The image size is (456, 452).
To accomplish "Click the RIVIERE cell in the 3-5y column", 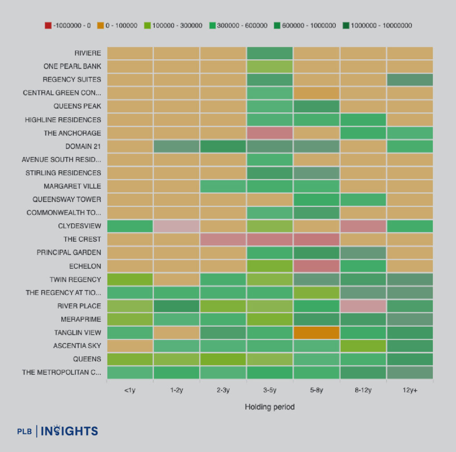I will point(269,53).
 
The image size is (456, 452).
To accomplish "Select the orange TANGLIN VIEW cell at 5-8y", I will point(316,333).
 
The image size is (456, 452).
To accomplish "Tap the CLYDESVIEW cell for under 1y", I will point(130,226).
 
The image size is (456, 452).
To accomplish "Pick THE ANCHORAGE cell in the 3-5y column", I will point(269,133).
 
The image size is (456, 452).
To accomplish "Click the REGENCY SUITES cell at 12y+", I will point(410,80).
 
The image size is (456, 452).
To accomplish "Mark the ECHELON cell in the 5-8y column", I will point(316,266).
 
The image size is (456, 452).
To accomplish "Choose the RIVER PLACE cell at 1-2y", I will point(176,306).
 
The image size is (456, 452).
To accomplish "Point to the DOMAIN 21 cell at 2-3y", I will point(223,146).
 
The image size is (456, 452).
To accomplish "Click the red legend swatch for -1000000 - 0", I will point(48,25).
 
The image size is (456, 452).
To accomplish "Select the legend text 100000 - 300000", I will point(177,25).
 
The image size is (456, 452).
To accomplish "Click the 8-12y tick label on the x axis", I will point(363,390).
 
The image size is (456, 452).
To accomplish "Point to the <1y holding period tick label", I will point(130,390).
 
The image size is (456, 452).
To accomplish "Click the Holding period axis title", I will point(269,407).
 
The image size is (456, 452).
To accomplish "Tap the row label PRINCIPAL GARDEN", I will point(69,252).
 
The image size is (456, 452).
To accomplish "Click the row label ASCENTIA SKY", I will point(77,345).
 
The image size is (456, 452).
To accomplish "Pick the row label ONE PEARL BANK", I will point(72,66).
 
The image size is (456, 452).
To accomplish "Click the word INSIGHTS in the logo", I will point(69,431).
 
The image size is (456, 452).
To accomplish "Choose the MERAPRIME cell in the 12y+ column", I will point(410,319).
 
